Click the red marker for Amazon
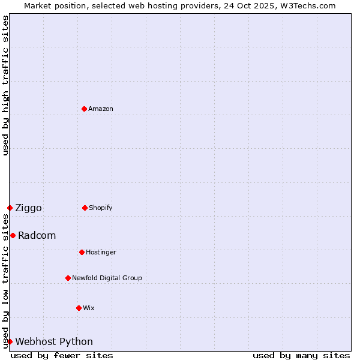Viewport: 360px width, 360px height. pos(84,109)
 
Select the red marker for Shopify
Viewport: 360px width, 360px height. pos(85,208)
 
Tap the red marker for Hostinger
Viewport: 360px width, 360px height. pos(82,252)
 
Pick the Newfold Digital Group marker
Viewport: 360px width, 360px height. pos(68,278)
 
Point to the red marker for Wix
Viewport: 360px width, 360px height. pos(79,308)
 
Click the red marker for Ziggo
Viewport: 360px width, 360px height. pos(10,208)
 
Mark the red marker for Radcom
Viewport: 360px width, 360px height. pos(13,235)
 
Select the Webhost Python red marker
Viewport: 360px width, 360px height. pos(10,341)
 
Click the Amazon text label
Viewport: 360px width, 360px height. pos(101,109)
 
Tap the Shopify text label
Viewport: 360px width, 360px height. pos(101,208)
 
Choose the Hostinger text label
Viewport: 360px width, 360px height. pos(101,252)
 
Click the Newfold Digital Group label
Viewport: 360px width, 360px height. pos(107,278)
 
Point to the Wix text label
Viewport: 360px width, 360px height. pos(89,308)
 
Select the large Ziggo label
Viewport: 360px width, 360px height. pos(28,208)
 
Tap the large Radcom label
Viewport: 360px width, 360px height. pos(37,235)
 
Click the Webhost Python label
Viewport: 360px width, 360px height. pos(54,341)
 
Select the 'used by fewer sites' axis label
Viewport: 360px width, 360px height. pos(62,355)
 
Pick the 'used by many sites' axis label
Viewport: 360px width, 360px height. pos(301,355)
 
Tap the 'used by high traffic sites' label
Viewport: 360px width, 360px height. pos(5,85)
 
